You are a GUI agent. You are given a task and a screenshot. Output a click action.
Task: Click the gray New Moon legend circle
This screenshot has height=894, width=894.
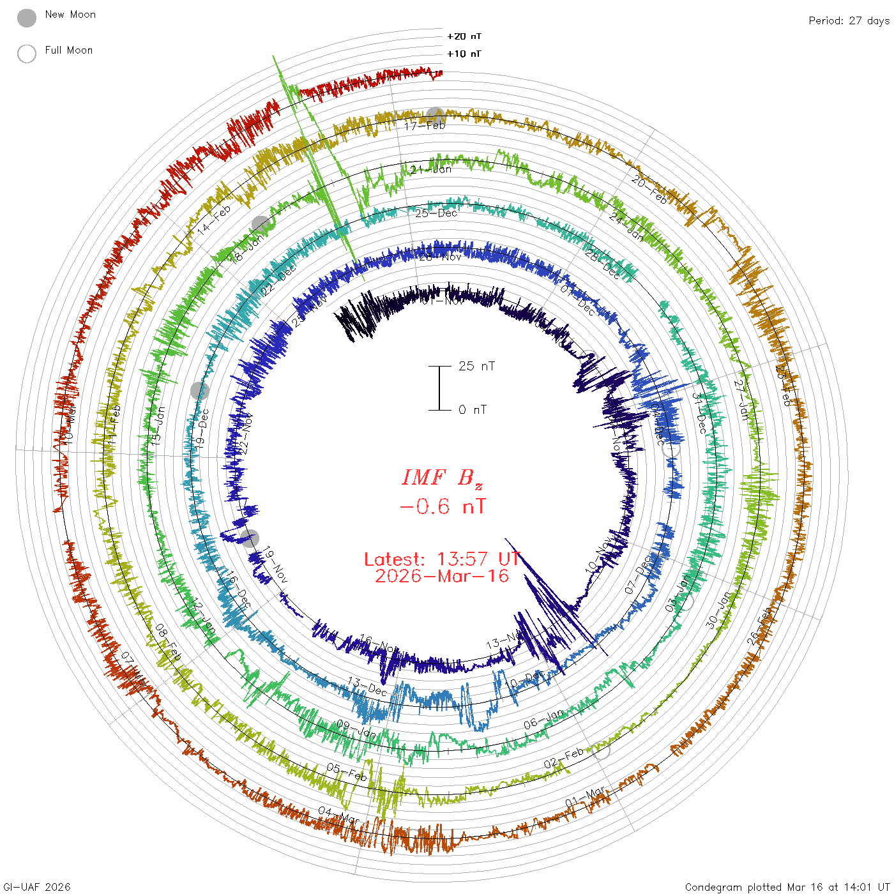(x=27, y=18)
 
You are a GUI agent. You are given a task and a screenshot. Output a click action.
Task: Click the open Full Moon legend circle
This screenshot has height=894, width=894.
(x=27, y=54)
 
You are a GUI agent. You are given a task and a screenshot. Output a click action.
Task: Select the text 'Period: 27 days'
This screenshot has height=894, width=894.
(x=849, y=20)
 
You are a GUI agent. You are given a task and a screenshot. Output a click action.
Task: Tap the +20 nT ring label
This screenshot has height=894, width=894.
(x=464, y=36)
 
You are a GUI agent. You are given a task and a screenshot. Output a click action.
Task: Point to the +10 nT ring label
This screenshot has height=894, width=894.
(x=464, y=54)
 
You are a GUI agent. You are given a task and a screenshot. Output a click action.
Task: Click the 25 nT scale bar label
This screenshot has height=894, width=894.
(x=476, y=366)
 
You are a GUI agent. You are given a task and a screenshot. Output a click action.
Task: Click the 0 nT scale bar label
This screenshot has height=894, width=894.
(x=473, y=409)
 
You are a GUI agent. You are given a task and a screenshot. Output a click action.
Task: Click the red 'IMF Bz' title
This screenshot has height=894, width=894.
(x=442, y=478)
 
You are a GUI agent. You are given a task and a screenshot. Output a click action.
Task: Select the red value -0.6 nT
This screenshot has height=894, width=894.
(x=442, y=507)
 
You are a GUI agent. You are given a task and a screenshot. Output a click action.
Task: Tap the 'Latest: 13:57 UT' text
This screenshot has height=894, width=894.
(x=442, y=559)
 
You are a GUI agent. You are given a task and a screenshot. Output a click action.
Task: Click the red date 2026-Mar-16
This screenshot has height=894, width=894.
(x=442, y=576)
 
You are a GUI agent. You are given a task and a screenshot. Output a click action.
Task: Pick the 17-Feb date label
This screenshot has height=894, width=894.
(x=425, y=126)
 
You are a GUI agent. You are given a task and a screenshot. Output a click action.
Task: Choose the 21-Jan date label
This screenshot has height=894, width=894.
(x=431, y=169)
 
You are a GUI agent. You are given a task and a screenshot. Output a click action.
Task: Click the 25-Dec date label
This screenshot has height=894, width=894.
(x=436, y=213)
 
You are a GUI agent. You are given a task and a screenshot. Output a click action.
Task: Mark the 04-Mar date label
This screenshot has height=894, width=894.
(x=339, y=815)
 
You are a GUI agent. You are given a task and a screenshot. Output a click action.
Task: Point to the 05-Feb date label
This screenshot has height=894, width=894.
(x=347, y=772)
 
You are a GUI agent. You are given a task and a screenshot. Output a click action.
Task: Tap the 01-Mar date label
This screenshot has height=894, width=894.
(x=586, y=797)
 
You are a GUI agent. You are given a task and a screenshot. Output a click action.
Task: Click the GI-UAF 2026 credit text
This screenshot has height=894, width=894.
(x=37, y=886)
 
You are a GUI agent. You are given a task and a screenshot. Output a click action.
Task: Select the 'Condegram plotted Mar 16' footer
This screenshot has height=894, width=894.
(x=787, y=886)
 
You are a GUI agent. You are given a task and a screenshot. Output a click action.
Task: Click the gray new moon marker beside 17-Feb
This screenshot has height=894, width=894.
(x=436, y=116)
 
